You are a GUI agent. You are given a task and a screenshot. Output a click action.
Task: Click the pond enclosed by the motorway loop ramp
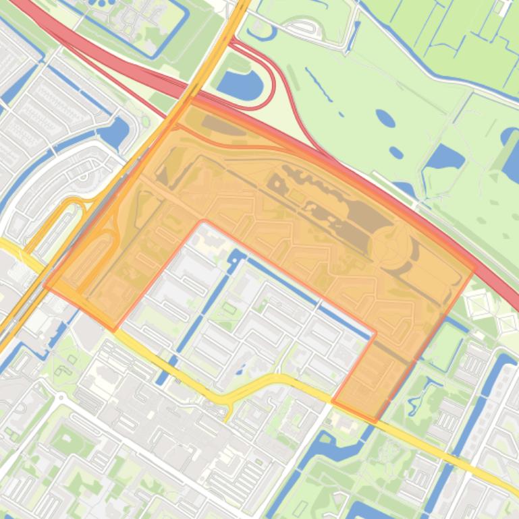point(240,84)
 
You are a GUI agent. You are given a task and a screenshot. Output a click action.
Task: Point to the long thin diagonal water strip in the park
point(319,84)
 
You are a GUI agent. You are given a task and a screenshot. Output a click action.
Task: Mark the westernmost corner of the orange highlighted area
point(45,286)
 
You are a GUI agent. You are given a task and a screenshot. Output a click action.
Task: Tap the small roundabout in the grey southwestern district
point(61,398)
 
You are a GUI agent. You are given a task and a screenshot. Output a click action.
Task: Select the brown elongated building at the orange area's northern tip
point(214,124)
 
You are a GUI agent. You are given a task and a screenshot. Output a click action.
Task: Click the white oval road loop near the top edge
point(310,30)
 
